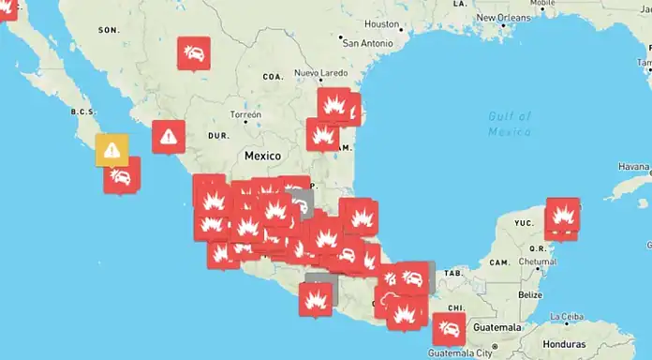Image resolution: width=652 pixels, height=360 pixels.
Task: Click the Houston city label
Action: click(x=381, y=23)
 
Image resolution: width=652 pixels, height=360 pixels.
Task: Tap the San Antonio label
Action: click(x=366, y=43)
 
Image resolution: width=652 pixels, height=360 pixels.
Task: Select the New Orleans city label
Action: click(x=507, y=18)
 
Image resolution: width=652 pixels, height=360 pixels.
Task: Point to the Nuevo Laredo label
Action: click(x=320, y=73)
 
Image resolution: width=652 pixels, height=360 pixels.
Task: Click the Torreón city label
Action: click(x=245, y=114)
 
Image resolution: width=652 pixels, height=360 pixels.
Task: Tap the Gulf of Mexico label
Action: click(x=510, y=124)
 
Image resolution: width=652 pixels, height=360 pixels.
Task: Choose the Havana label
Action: click(x=632, y=166)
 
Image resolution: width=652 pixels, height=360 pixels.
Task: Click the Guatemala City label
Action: click(x=460, y=353)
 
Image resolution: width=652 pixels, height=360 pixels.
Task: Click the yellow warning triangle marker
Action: click(x=111, y=148)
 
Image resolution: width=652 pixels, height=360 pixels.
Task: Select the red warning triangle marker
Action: click(x=168, y=136)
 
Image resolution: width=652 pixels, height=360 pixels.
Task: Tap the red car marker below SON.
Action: click(x=194, y=52)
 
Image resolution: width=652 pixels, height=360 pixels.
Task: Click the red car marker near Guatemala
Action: click(x=449, y=328)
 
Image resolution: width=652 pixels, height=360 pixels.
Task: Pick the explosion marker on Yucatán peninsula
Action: click(x=562, y=215)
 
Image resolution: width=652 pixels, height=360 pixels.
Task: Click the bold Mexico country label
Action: click(x=263, y=154)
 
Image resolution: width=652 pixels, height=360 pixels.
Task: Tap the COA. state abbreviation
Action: click(x=274, y=77)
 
